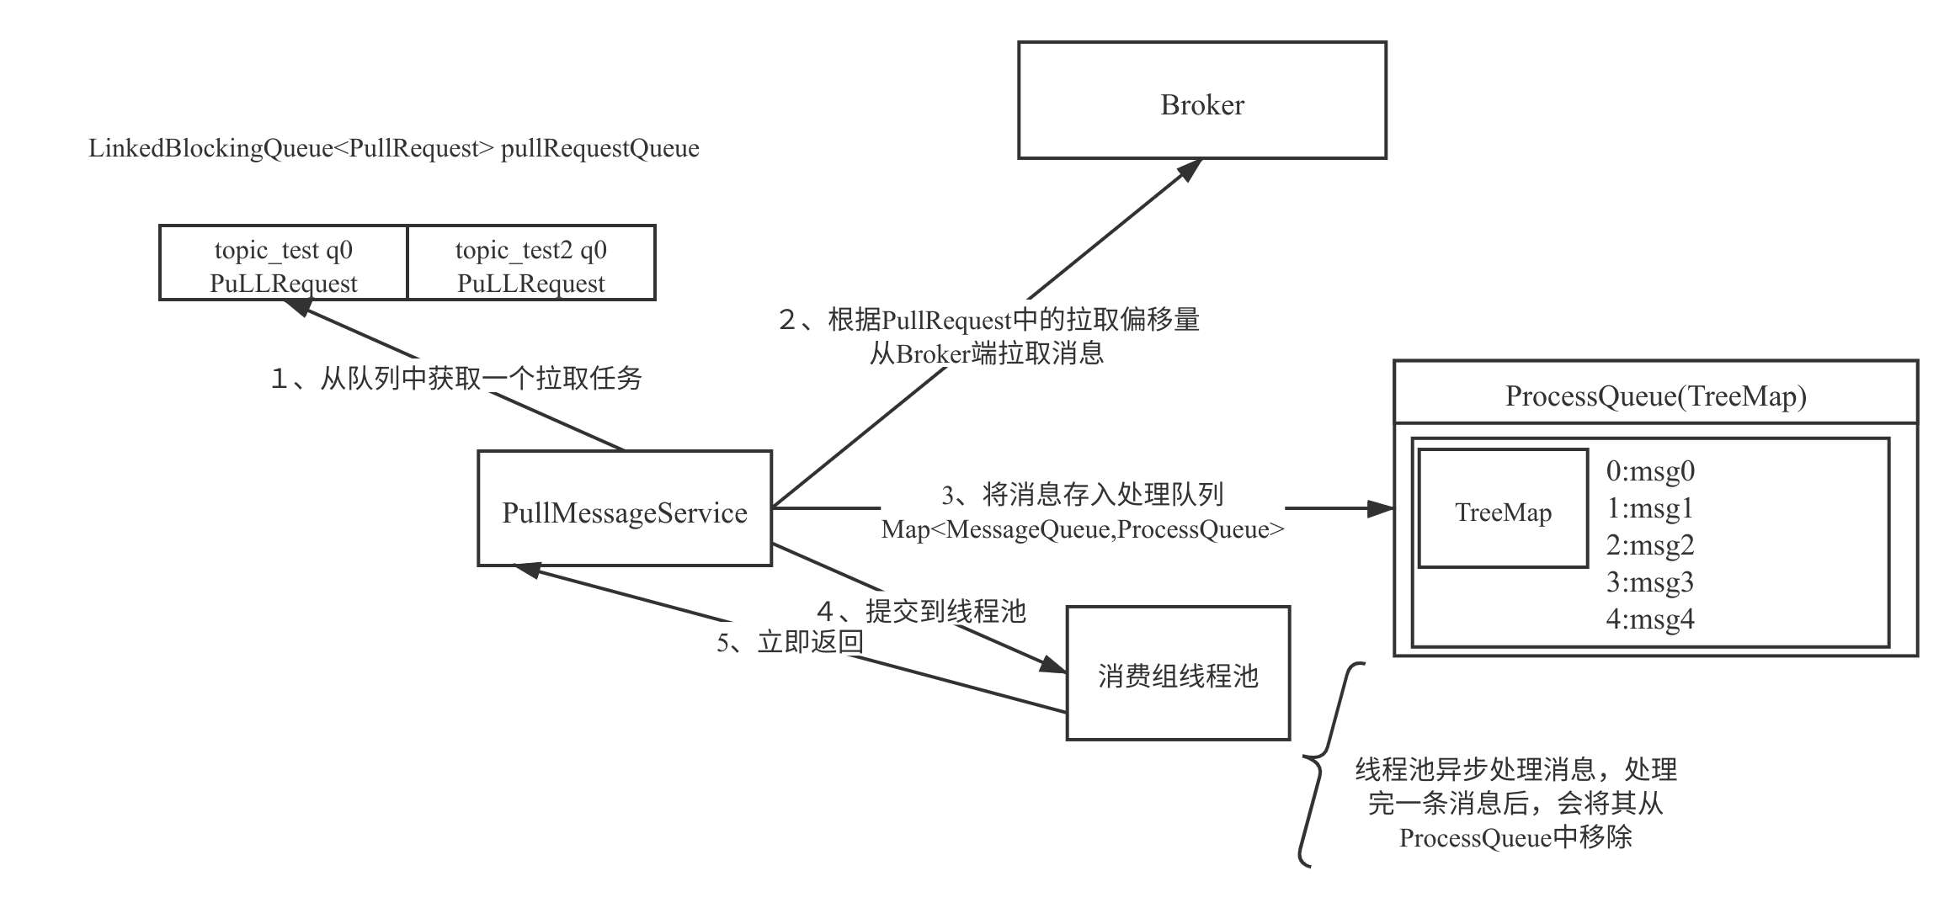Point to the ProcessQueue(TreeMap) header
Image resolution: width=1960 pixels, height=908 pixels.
[1655, 396]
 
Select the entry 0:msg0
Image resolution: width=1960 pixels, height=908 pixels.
[1650, 471]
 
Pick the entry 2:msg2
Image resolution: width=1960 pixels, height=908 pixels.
[1650, 545]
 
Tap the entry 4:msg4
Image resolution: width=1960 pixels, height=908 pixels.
[1650, 619]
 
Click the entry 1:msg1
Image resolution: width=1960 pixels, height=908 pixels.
[1650, 508]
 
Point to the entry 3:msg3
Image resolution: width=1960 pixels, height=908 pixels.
[1650, 582]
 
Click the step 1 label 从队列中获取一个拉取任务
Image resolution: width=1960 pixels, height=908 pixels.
[455, 377]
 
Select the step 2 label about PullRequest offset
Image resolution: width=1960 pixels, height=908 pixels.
[987, 336]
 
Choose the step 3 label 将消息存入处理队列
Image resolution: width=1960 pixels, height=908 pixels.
[1083, 510]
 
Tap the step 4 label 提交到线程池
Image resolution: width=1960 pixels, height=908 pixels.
[919, 610]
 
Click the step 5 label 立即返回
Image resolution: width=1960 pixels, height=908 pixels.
[790, 642]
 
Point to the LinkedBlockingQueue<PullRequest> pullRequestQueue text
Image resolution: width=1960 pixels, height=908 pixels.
[393, 149]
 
